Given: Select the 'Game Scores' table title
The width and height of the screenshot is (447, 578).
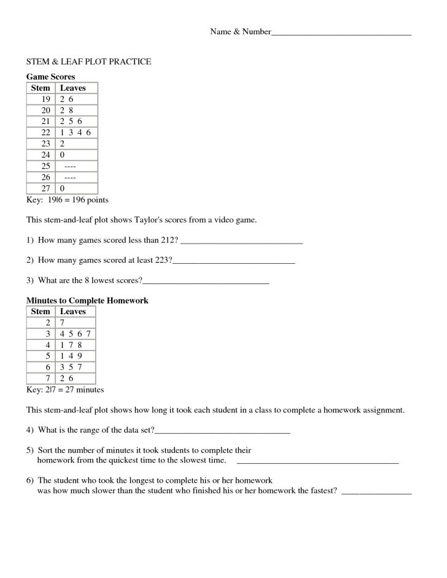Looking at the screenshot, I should point(50,77).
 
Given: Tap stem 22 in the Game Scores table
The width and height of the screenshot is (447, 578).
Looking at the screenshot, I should point(45,133).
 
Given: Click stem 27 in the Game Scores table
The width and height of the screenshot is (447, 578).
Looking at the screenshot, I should point(45,188).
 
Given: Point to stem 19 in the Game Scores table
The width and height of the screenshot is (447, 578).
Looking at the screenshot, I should point(45,99).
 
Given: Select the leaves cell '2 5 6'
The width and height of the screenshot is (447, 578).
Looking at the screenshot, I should point(71,121).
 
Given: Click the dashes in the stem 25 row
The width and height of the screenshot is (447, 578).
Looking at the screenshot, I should point(71,166).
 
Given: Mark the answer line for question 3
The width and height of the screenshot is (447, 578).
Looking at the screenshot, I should point(206,282).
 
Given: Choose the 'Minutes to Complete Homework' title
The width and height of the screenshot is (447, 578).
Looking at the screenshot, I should point(87,301).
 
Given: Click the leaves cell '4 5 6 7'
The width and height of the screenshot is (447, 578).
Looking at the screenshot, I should point(76,334).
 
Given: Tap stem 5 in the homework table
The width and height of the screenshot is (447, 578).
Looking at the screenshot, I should point(47,356).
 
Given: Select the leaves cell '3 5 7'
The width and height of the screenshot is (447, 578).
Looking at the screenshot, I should point(71,367).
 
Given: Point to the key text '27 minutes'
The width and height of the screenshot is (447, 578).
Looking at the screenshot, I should point(84,390).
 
